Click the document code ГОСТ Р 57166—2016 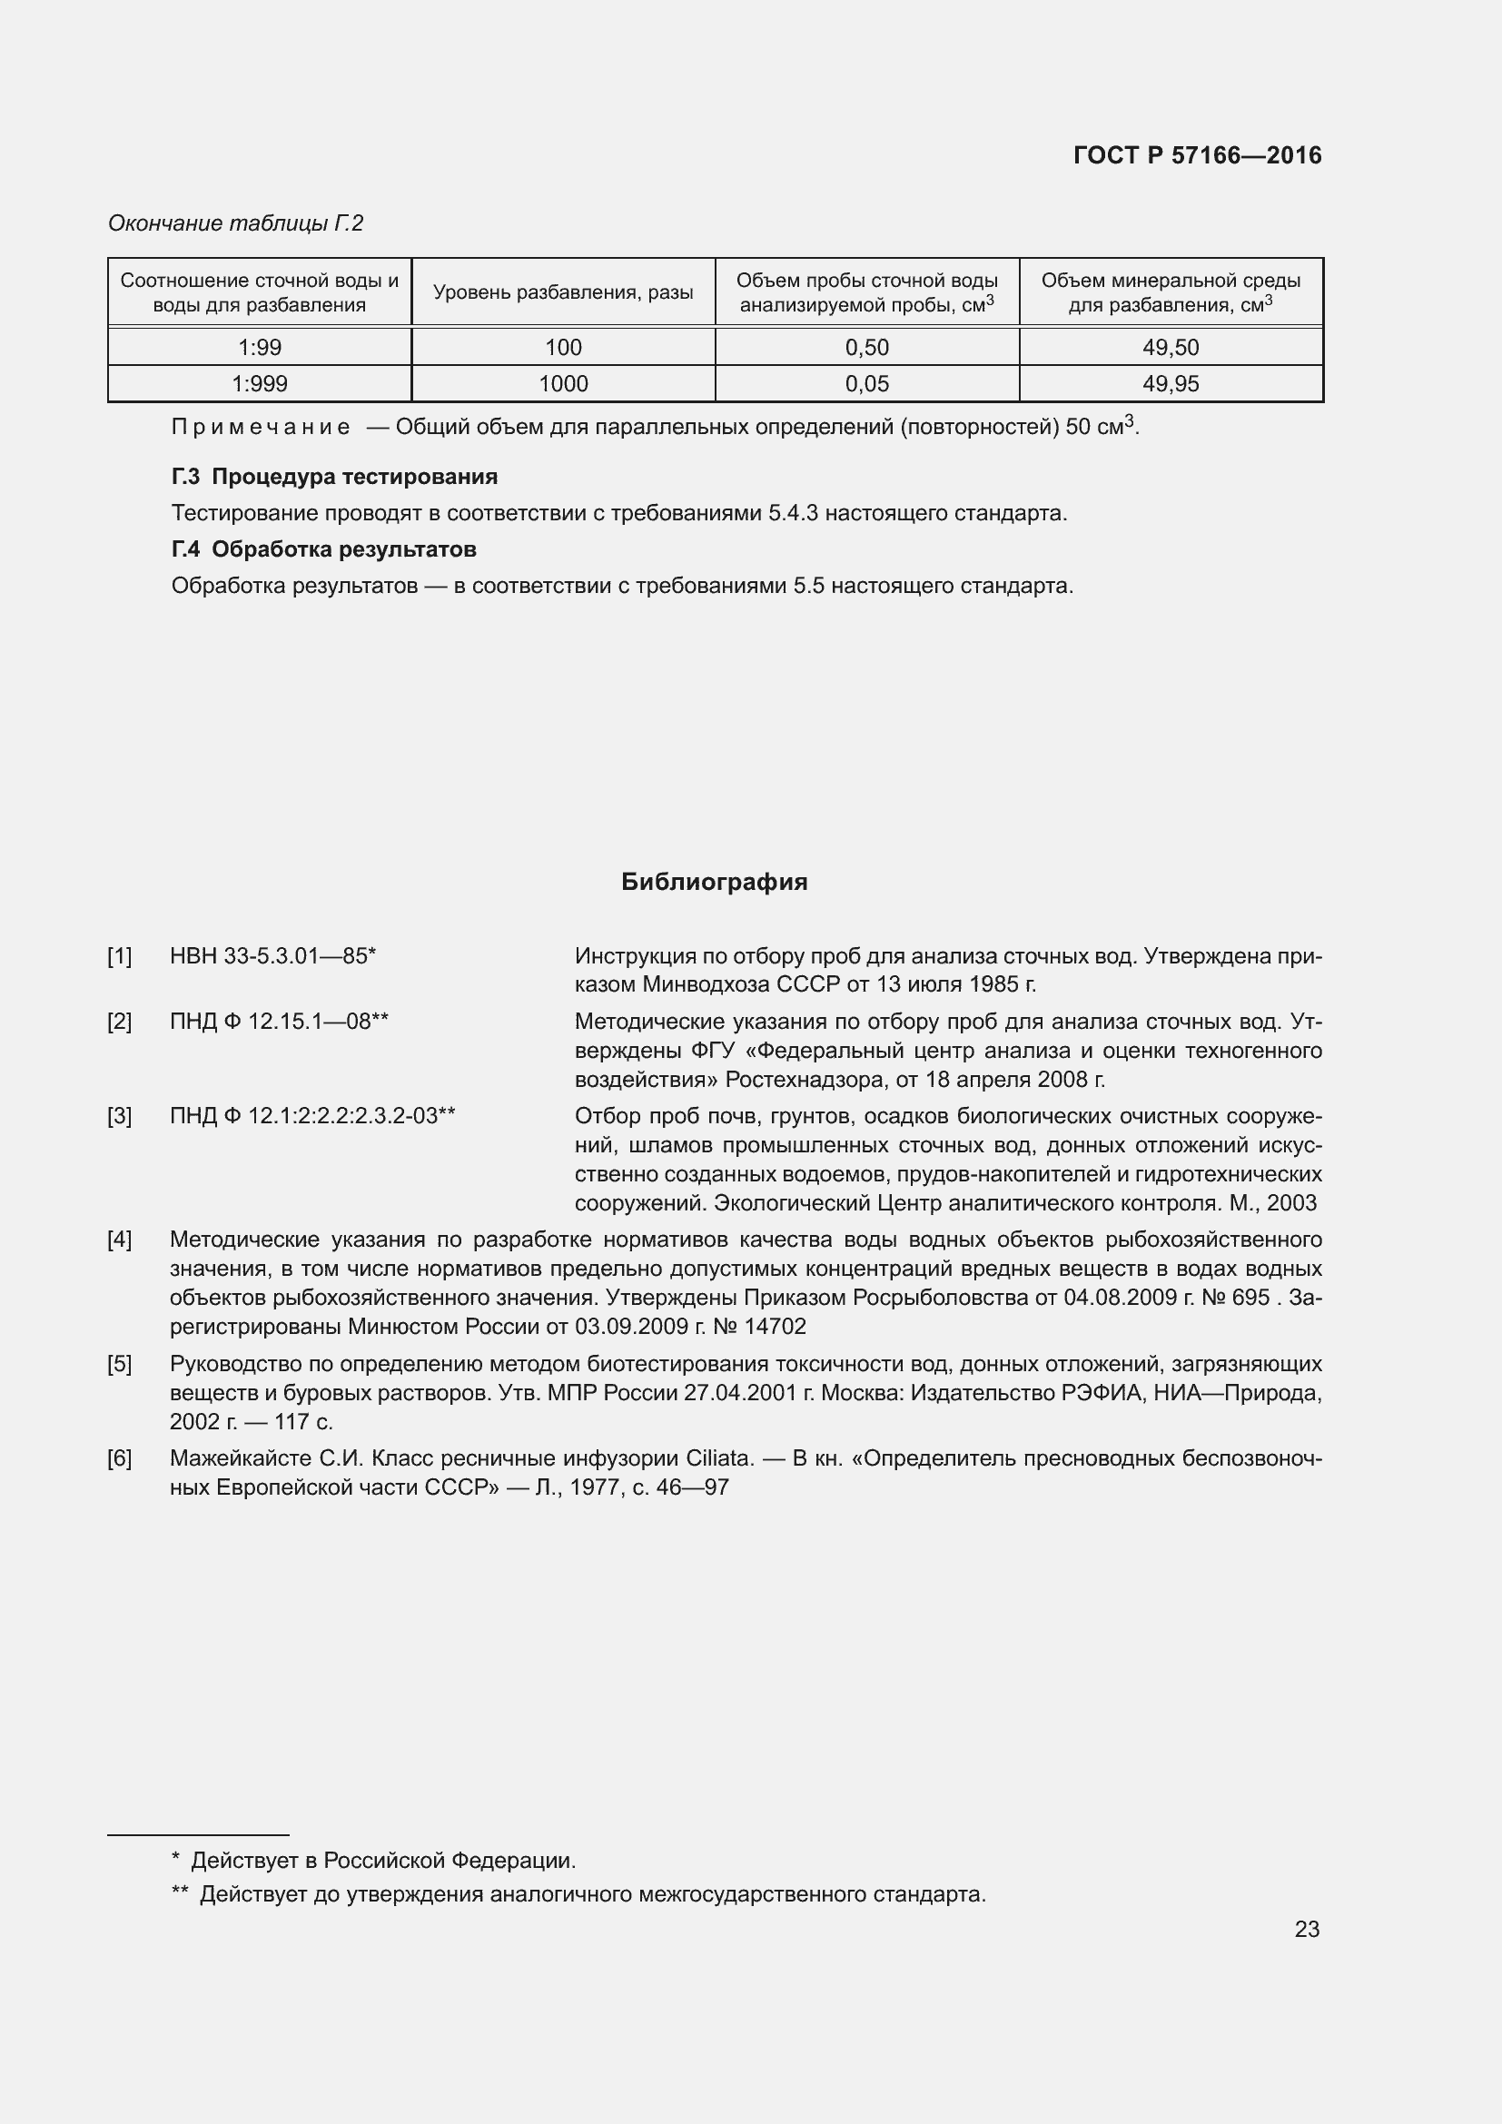[1197, 155]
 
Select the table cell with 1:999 [259, 384]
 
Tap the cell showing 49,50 [1170, 348]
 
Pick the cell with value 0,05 [866, 384]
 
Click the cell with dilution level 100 [562, 348]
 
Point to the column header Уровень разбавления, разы [562, 293]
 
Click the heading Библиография [714, 882]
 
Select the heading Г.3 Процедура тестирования [334, 477]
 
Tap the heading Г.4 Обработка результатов [323, 549]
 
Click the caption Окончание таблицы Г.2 [236, 223]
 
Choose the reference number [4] [119, 1240]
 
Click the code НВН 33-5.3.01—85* [272, 955]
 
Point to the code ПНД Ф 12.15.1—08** [279, 1022]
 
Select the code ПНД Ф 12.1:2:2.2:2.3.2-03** [312, 1116]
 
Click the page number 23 [1306, 1929]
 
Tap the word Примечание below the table [261, 428]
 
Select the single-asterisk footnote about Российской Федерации [373, 1861]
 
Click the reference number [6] [119, 1459]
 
